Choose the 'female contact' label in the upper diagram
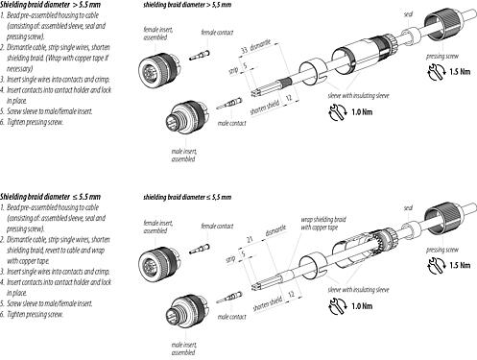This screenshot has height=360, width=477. (x=217, y=32)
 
